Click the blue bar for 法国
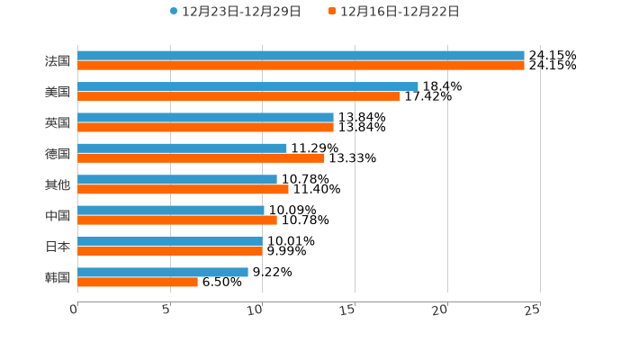(301, 56)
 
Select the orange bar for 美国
(238, 96)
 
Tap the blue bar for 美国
(247, 86)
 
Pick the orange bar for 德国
(201, 158)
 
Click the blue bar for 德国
(182, 148)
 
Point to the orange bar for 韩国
(138, 282)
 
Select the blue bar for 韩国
(163, 272)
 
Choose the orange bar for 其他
(183, 189)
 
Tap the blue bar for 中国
(171, 211)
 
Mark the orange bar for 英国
(205, 127)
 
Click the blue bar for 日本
(170, 241)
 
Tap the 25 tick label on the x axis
(533, 310)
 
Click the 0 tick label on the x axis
(74, 310)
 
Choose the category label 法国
(58, 61)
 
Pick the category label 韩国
(58, 277)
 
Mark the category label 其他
(58, 184)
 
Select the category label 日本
(58, 247)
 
